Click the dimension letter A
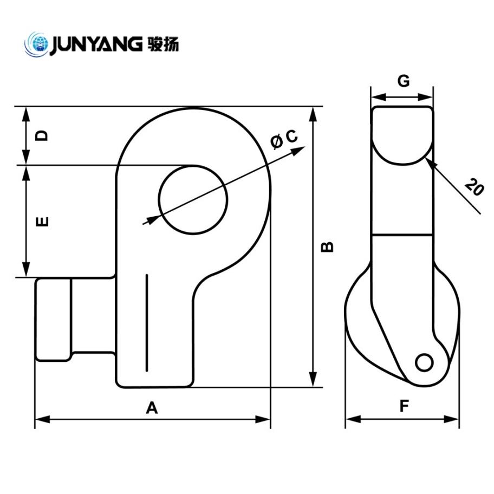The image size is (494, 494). pyautogui.click(x=152, y=408)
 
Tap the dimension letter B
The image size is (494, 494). pyautogui.click(x=328, y=246)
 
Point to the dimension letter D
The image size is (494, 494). pyautogui.click(x=42, y=135)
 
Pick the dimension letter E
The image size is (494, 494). pyautogui.click(x=42, y=221)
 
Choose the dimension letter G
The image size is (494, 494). pyautogui.click(x=403, y=81)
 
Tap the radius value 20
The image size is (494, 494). pyautogui.click(x=473, y=188)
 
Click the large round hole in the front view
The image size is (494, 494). pyautogui.click(x=192, y=199)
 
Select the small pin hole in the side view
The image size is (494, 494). pyautogui.click(x=424, y=362)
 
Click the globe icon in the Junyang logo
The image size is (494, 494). pyautogui.click(x=37, y=43)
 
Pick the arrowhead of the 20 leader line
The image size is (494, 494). pyautogui.click(x=430, y=161)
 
